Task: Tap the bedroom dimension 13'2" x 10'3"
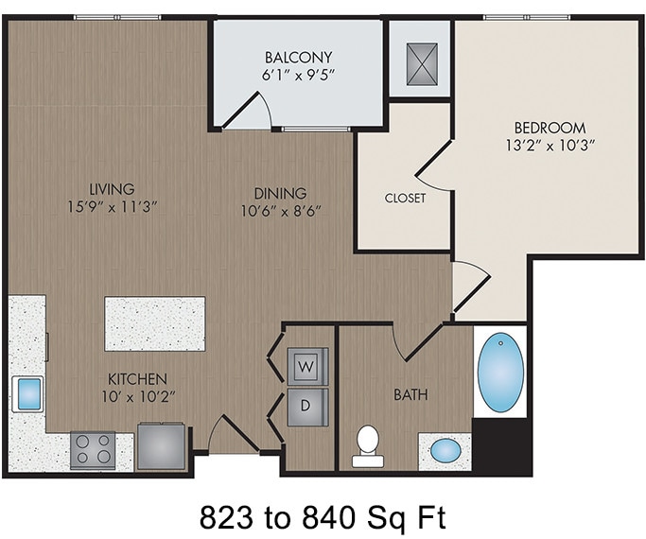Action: [x=550, y=146]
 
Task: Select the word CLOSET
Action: [x=405, y=199]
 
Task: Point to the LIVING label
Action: [x=113, y=189]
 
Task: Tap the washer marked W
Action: [x=307, y=364]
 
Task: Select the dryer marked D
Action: [x=307, y=405]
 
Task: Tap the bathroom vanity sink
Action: [x=445, y=450]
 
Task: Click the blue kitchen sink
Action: [x=27, y=392]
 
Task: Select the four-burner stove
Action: [x=93, y=450]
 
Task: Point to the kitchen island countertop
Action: [x=154, y=323]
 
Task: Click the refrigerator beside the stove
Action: [x=162, y=446]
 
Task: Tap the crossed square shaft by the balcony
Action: [x=419, y=62]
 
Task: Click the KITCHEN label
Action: [x=136, y=377]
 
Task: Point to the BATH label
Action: [x=410, y=393]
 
